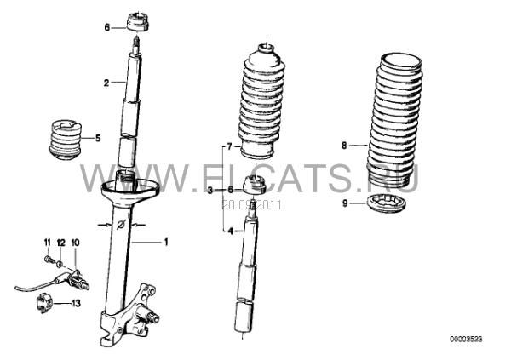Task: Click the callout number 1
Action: point(166,242)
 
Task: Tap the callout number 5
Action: point(98,138)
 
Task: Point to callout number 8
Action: point(344,146)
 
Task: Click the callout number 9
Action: point(345,203)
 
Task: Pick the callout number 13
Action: point(76,303)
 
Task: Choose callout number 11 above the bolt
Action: point(48,243)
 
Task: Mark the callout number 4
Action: point(231,231)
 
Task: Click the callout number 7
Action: point(229,147)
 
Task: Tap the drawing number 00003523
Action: point(466,340)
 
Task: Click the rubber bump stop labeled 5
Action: point(66,140)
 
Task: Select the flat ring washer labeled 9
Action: point(386,203)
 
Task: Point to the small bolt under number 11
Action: point(49,260)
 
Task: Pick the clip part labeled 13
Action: point(43,303)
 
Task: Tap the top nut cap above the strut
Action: point(137,21)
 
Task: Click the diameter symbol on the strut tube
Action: point(121,225)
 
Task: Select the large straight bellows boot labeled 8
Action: point(394,121)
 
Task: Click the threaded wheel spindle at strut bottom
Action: point(151,316)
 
